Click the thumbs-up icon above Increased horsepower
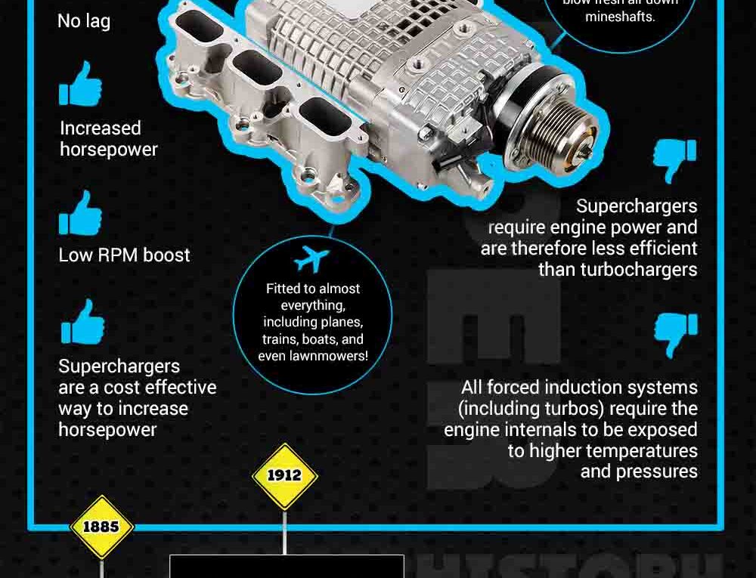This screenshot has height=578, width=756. [80, 84]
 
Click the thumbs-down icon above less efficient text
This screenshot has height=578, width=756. [674, 160]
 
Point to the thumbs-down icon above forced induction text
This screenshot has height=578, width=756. [675, 335]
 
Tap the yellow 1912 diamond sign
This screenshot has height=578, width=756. [284, 476]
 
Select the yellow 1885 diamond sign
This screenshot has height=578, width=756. [101, 527]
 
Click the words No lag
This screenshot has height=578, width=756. [84, 21]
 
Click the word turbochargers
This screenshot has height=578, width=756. [618, 270]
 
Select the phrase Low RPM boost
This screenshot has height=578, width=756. [125, 255]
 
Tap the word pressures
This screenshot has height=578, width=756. [639, 471]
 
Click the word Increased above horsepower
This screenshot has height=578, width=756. [101, 128]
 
